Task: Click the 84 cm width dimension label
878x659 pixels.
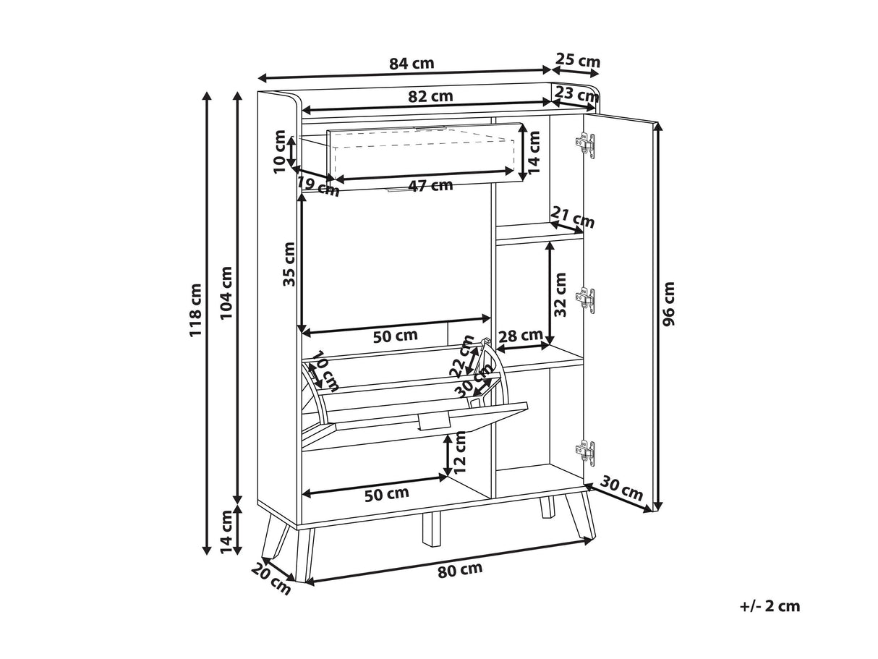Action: tap(412, 63)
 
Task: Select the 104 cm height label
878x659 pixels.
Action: tap(226, 293)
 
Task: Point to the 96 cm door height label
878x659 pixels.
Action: tap(668, 304)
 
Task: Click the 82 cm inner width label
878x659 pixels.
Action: tap(430, 96)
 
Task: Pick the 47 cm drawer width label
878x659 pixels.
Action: tap(430, 185)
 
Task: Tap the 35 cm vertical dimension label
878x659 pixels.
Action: tap(290, 264)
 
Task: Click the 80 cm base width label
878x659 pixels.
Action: tap(460, 569)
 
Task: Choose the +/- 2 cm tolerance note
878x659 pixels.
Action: tap(770, 606)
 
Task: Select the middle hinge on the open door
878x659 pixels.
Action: tap(586, 299)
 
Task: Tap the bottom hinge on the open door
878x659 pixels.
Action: tap(586, 452)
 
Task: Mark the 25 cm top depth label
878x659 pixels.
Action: tap(578, 61)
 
